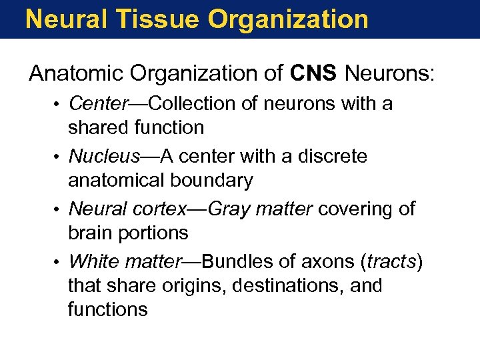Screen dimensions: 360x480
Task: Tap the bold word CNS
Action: [314, 73]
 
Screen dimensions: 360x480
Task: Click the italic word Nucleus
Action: [105, 157]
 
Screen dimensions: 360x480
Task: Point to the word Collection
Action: [194, 104]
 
